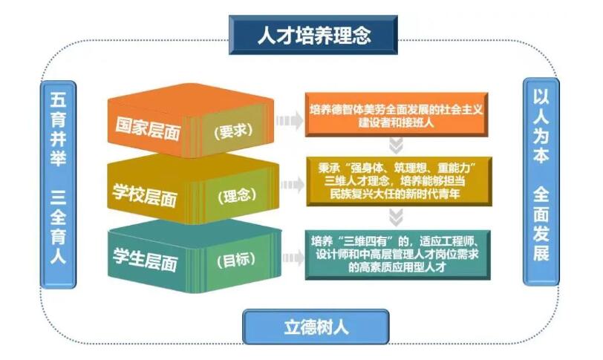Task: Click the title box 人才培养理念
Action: click(x=313, y=35)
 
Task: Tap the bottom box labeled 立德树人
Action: click(x=316, y=327)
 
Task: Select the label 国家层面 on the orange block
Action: click(x=148, y=128)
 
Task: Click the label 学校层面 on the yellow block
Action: click(x=145, y=194)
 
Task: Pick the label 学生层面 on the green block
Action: click(x=146, y=259)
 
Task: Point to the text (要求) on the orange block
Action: click(x=233, y=131)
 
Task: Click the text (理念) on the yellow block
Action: click(x=237, y=196)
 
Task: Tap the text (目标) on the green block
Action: click(x=236, y=261)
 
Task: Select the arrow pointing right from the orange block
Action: click(x=290, y=121)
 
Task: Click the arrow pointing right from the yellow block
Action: click(x=293, y=185)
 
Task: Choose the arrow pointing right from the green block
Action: click(x=293, y=258)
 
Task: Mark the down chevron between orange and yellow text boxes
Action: click(x=396, y=146)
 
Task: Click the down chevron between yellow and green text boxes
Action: click(x=396, y=217)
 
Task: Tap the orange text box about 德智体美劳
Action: click(x=397, y=114)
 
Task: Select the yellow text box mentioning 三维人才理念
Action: click(x=400, y=181)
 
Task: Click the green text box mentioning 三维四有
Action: click(x=397, y=255)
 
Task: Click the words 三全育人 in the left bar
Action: click(x=58, y=226)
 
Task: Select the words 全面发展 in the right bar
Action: click(x=541, y=224)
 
